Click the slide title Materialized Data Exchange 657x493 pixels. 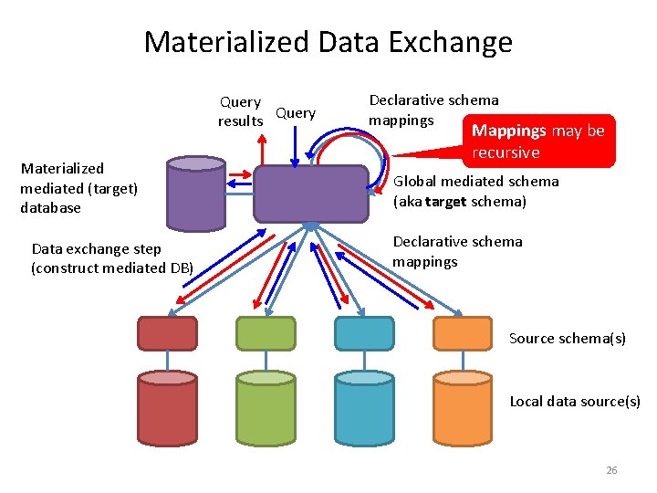pos(328,42)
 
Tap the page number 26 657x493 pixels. pos(611,470)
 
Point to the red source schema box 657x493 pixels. pos(167,334)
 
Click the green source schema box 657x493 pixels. pos(266,334)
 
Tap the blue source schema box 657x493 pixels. pos(364,334)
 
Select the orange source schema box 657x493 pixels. pos(463,334)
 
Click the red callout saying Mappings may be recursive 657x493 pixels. pos(538,141)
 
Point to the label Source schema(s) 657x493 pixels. pos(568,339)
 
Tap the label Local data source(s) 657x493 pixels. pos(575,401)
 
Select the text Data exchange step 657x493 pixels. pos(96,248)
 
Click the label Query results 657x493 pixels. pos(240,111)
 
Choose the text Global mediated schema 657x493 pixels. pos(475,182)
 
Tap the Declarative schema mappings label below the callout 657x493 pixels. pos(457,251)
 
